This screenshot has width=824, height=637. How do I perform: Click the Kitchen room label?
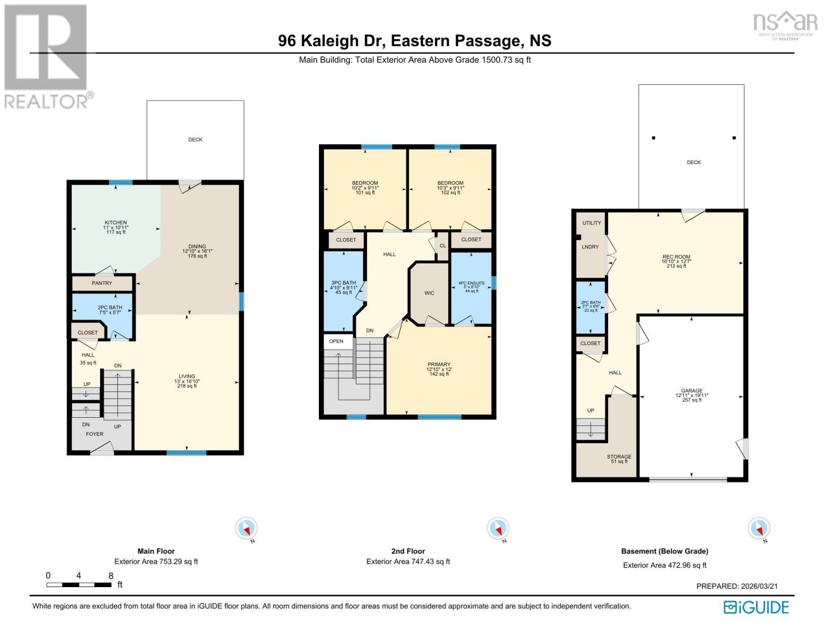(x=116, y=223)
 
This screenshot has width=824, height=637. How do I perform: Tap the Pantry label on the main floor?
(x=102, y=283)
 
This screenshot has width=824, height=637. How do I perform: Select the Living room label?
(x=187, y=377)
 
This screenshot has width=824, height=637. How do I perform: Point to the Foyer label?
(x=95, y=434)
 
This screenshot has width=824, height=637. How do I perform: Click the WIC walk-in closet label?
(x=429, y=293)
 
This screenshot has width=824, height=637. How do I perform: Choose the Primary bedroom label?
(x=439, y=365)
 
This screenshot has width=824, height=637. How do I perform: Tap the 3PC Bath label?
(x=343, y=283)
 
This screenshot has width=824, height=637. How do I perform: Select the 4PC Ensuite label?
(x=471, y=283)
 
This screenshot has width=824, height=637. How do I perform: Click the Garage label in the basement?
(x=692, y=391)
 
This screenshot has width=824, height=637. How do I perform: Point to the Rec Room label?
(x=676, y=257)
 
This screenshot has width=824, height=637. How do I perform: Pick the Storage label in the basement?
(x=619, y=457)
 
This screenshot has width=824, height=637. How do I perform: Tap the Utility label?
(x=592, y=223)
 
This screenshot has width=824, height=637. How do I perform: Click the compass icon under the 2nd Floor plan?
(x=498, y=529)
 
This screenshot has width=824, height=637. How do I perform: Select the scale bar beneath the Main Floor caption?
(x=79, y=584)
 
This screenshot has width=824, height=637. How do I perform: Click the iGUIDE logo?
(x=756, y=607)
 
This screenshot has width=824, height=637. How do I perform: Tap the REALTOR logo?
(x=47, y=56)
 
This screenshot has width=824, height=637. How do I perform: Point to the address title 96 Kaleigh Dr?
(x=414, y=41)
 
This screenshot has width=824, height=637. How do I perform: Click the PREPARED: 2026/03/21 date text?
(x=736, y=586)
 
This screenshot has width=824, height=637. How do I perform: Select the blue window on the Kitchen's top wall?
(x=121, y=183)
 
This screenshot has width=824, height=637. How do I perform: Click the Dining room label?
(x=197, y=247)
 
